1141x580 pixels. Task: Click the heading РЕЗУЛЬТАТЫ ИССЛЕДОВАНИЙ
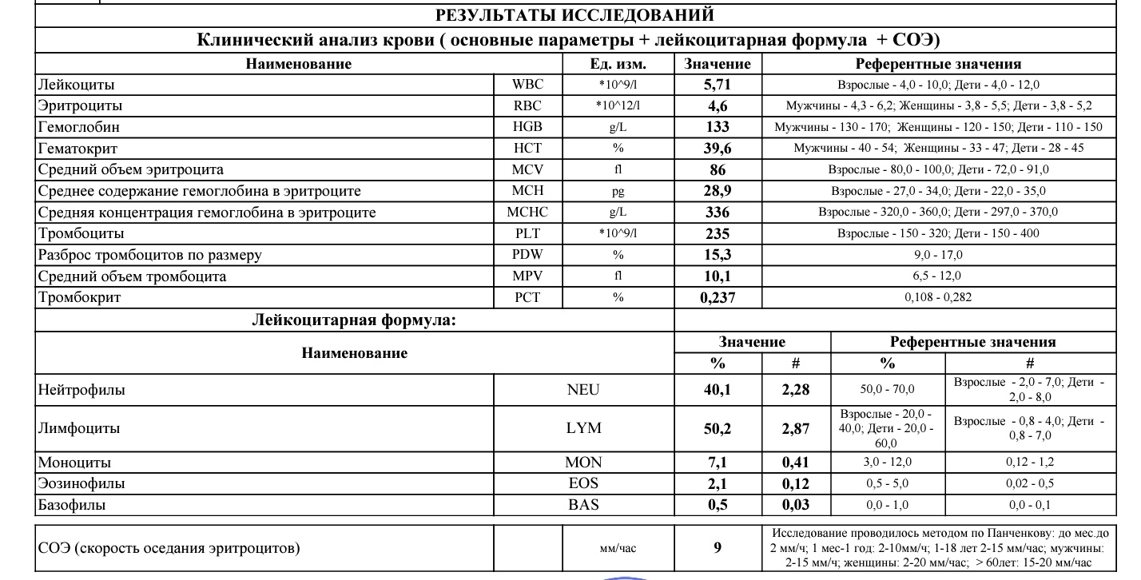574,15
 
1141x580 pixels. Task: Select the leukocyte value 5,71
718,85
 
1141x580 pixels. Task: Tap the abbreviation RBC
527,105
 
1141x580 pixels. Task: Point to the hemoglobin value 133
718,127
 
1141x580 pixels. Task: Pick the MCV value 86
718,169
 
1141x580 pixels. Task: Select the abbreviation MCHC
527,213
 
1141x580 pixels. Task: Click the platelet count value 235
718,234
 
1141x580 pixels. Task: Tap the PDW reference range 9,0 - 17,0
938,255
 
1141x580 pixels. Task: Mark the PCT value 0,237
717,298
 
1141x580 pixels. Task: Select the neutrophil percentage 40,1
718,390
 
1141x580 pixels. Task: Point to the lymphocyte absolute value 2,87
795,428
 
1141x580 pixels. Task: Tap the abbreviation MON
582,463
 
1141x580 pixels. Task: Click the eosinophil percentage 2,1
718,483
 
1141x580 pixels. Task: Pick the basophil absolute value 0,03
795,505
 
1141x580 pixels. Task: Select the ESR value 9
718,548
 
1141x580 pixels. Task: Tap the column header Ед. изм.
617,64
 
